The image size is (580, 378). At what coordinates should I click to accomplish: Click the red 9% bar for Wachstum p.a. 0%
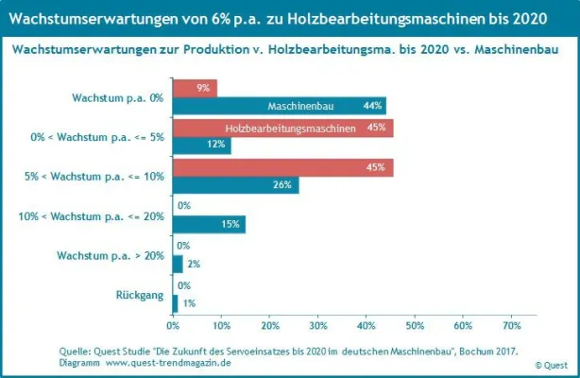coord(194,88)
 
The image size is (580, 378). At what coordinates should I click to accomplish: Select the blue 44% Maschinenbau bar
coord(279,106)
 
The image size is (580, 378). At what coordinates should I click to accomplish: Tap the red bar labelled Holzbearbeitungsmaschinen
coord(282,129)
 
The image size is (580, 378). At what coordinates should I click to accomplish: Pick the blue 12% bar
coord(200,146)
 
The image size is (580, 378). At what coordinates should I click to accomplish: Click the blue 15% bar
coord(208,224)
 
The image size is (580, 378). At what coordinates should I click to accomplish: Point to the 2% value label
coord(194,264)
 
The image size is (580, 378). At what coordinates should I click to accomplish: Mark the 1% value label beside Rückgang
coord(189,303)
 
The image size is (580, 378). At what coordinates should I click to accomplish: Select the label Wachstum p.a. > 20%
coord(111,255)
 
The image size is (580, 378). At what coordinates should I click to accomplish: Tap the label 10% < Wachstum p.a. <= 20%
coord(92,216)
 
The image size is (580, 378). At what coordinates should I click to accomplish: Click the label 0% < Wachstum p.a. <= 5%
coord(97,137)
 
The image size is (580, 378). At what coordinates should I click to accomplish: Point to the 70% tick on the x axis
coord(511,326)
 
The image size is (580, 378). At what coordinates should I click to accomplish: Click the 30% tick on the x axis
coord(317,326)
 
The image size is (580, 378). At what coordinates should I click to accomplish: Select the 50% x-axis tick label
coord(415,326)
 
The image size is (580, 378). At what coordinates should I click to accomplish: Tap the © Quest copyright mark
coord(551,364)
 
